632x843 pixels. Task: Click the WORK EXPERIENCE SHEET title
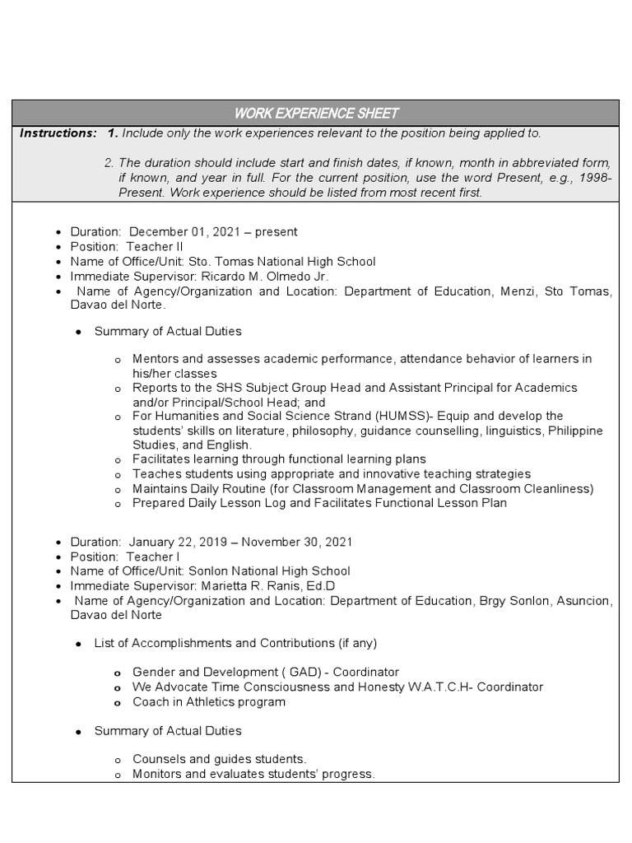point(316,113)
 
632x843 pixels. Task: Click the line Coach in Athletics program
point(209,702)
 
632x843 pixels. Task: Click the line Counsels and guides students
point(220,759)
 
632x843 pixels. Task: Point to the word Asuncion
point(581,601)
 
